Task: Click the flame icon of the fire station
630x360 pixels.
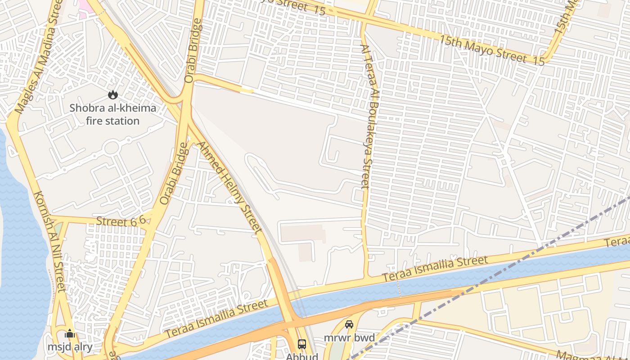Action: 112,94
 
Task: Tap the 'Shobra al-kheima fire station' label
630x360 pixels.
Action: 112,114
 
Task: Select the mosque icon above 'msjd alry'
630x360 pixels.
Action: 70,334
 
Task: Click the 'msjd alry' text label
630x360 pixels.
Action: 70,347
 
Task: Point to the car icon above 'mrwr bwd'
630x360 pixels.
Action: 349,324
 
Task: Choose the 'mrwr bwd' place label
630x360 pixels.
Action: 349,337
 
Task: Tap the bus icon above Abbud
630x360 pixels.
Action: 302,344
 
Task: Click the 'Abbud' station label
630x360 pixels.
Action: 302,356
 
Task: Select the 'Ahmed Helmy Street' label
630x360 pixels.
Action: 230,188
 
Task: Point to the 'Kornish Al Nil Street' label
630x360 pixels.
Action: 49,241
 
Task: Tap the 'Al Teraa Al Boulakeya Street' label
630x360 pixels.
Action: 370,116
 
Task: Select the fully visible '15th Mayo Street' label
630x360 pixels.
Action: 482,49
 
